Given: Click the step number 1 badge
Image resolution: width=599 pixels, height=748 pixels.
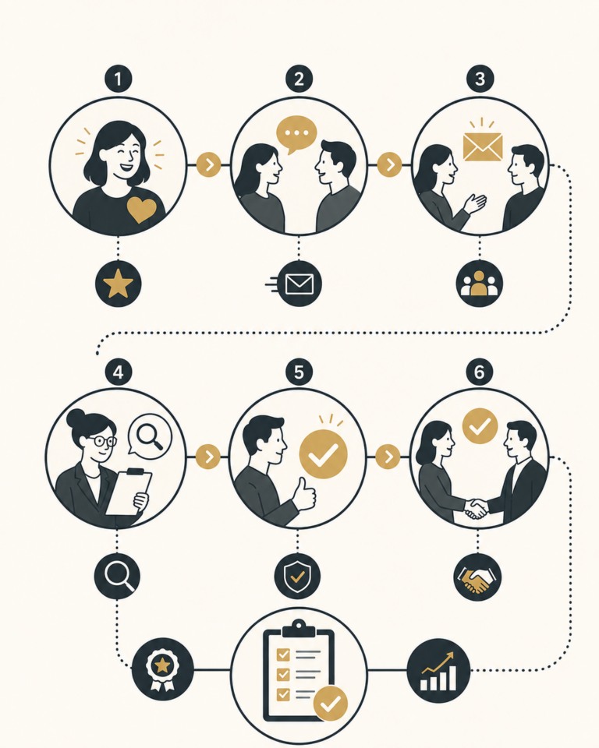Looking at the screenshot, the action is [118, 79].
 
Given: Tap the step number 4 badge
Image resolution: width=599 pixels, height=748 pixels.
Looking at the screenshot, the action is [118, 372].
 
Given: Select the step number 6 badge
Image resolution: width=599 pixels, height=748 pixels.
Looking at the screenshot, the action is [479, 372].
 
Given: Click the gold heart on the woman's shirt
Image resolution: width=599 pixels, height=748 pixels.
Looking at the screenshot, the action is [141, 210].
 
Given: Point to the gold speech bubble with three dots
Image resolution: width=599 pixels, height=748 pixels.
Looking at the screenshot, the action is [296, 134].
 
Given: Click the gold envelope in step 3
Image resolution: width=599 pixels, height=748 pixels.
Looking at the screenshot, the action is [483, 147].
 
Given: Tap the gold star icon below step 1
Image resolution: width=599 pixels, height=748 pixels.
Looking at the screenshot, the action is [118, 284].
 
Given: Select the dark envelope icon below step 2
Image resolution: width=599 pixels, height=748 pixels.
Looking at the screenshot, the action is [299, 284].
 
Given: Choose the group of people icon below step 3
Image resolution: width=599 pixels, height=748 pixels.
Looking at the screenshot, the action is [479, 284].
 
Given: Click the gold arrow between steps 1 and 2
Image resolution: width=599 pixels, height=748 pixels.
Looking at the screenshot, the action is [209, 165].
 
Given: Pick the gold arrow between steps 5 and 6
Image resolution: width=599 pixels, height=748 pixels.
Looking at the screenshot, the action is [388, 457].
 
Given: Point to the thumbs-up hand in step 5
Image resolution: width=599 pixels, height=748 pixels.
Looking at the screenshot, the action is [304, 496].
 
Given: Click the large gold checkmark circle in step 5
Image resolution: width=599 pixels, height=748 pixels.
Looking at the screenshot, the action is [323, 454].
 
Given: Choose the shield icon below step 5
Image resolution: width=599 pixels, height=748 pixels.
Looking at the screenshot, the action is [297, 577].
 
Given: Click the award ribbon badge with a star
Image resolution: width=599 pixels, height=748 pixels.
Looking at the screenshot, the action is [162, 669].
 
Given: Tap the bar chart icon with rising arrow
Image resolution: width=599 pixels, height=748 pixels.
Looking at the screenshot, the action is [438, 670].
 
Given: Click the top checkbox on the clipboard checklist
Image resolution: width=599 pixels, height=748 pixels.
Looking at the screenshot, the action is [283, 654].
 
